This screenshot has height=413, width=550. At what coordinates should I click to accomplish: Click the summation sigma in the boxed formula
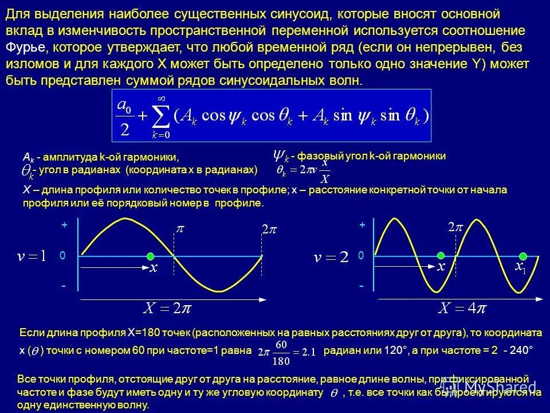[161, 116]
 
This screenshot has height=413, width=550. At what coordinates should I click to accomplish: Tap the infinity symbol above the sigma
[161, 98]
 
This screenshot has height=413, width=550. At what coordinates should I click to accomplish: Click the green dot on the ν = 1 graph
[150, 256]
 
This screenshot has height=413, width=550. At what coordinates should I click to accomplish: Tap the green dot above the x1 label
[523, 256]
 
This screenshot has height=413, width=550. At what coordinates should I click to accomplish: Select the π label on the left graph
[180, 229]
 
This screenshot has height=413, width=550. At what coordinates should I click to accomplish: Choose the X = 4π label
[462, 308]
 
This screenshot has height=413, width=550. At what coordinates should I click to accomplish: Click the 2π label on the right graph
[455, 228]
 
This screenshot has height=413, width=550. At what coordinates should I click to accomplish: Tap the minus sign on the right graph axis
[362, 285]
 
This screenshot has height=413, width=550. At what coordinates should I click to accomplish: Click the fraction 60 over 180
[281, 352]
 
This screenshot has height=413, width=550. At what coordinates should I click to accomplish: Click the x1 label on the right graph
[520, 267]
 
